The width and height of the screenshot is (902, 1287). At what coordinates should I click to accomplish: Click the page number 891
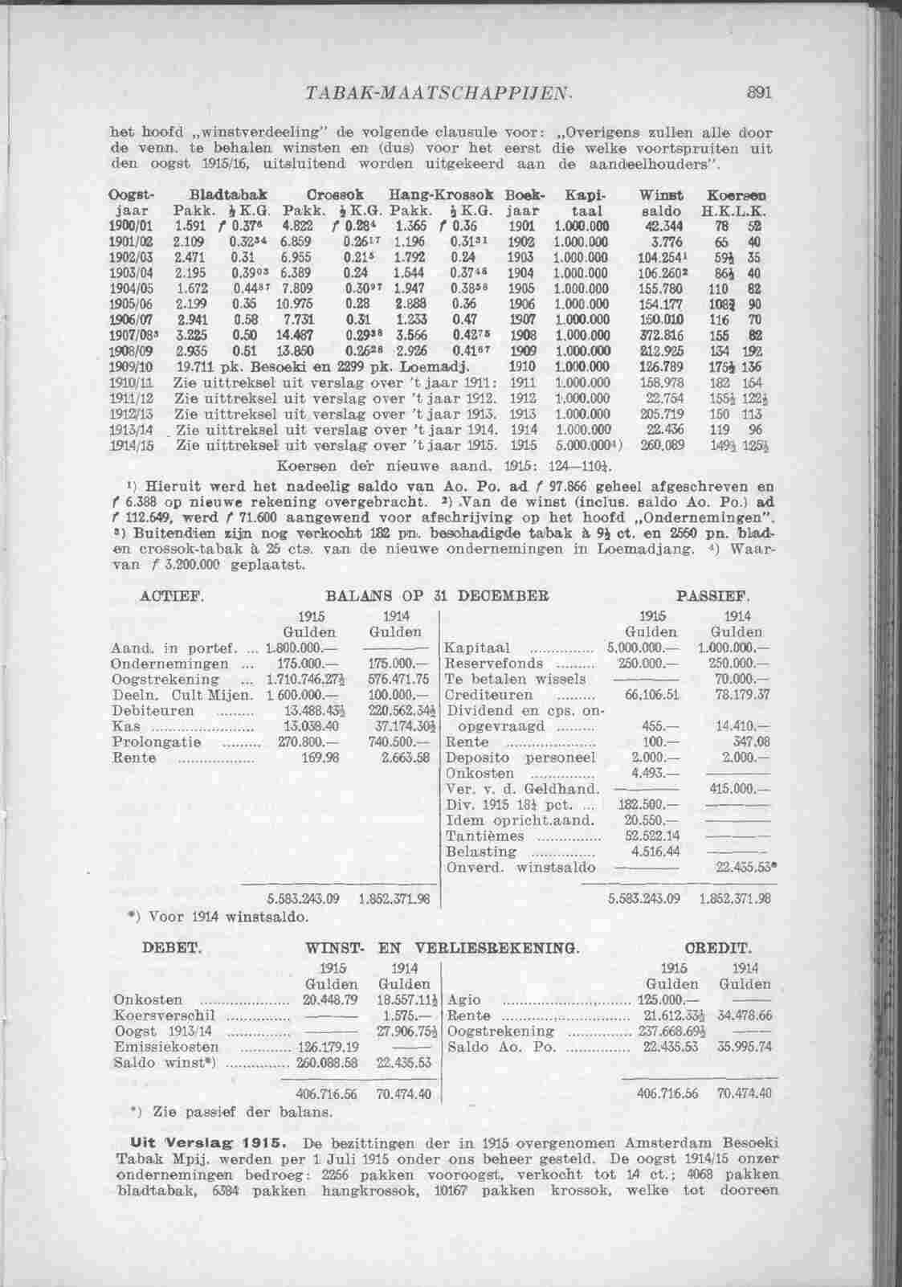click(x=757, y=92)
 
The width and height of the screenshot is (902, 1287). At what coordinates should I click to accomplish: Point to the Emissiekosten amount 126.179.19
click(x=327, y=1047)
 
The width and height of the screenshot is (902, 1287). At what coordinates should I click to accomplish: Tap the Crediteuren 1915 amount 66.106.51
click(x=652, y=694)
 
